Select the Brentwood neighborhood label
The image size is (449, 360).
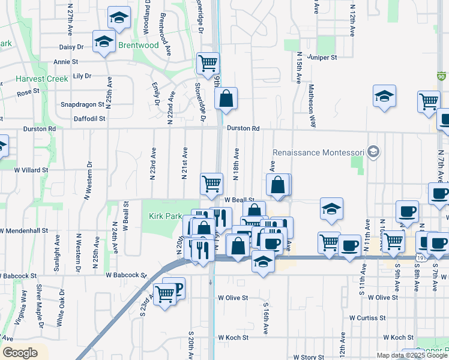click(138, 46)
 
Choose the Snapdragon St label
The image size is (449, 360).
click(84, 104)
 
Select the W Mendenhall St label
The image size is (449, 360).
click(24, 230)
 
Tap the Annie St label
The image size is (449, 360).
click(66, 61)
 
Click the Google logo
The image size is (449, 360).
click(20, 353)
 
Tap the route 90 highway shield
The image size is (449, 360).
click(441, 76)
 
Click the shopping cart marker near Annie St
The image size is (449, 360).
click(208, 62)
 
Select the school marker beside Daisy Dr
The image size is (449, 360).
click(104, 42)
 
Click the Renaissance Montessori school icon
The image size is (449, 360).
click(374, 151)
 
